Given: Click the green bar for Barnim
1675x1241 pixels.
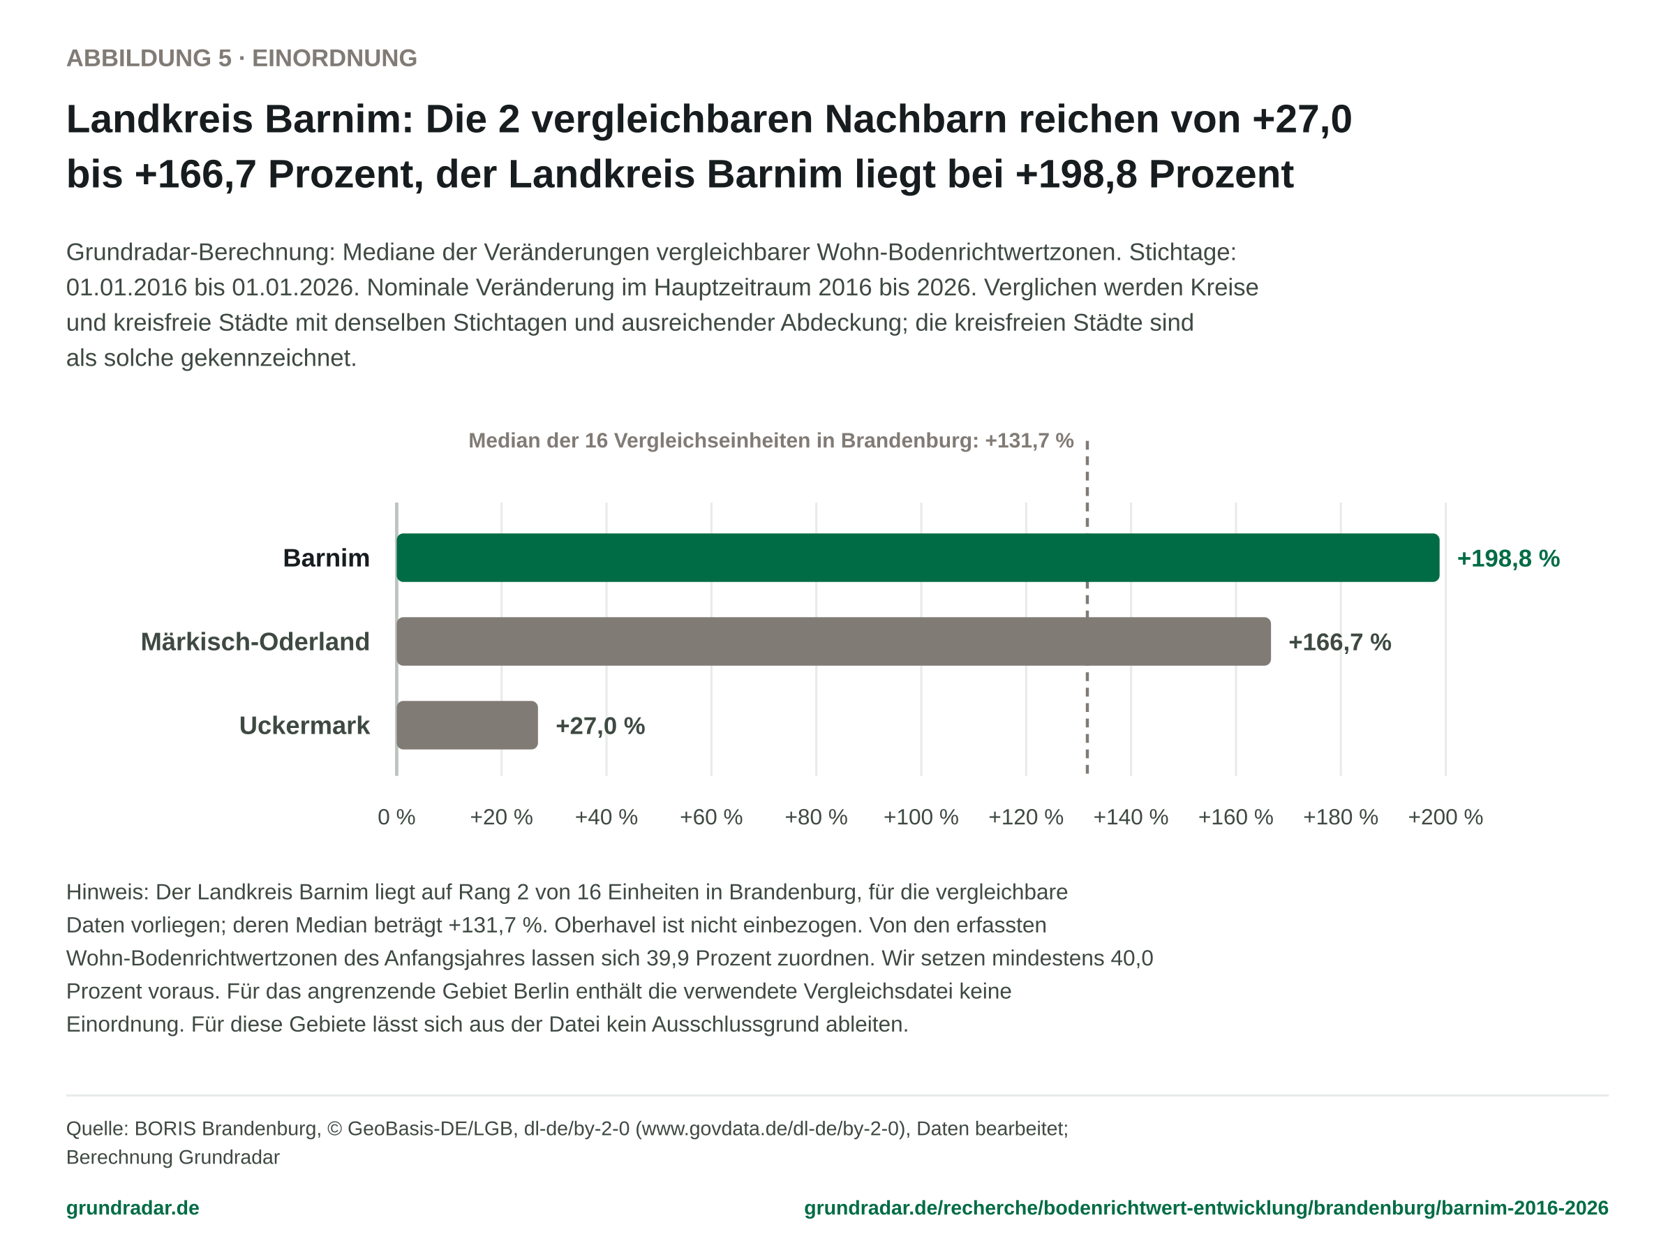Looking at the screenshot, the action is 917,558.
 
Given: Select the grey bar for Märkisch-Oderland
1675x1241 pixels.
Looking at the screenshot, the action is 833,641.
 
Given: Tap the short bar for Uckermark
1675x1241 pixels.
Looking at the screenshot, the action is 467,725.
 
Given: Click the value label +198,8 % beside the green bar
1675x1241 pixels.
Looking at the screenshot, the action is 1508,558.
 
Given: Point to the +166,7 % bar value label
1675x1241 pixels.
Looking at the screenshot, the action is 1340,642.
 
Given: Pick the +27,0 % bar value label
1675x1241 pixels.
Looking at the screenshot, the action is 600,726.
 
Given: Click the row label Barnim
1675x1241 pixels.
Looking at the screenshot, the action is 327,558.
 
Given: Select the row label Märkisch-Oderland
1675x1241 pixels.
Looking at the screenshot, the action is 255,641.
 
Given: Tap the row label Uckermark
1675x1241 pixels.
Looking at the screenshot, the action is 304,726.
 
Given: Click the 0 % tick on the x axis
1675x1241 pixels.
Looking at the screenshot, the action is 396,817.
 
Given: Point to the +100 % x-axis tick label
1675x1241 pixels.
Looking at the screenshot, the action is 921,817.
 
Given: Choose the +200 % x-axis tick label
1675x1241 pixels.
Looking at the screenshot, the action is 1445,817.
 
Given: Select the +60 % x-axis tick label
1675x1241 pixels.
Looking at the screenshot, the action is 711,817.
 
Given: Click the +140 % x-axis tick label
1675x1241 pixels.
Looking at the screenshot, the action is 1131,817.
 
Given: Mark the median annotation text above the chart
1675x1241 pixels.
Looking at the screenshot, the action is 770,440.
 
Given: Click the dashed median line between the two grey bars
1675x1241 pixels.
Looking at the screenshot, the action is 1087,683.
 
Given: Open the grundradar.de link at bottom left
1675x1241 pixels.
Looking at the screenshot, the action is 133,1208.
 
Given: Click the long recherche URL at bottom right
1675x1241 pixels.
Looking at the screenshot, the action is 1206,1208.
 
